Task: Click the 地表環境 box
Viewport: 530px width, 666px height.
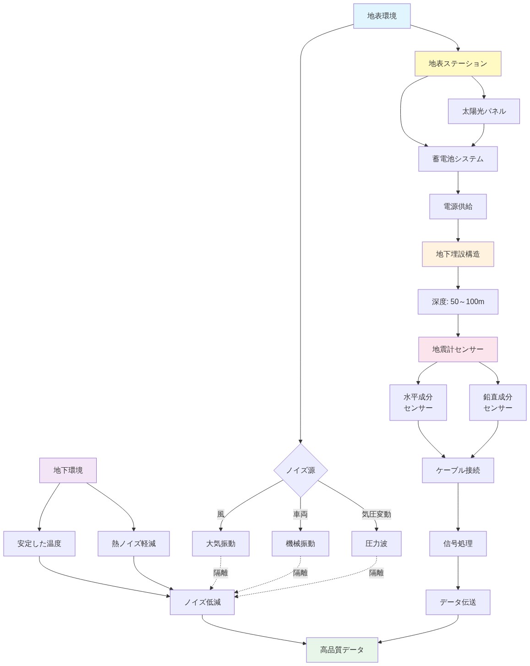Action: tap(382, 16)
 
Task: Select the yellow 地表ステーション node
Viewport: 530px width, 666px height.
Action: tap(458, 64)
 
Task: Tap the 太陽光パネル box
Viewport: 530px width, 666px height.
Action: tap(484, 111)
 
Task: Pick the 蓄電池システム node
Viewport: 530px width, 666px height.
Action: tap(458, 159)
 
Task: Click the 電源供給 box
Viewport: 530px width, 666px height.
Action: tap(458, 207)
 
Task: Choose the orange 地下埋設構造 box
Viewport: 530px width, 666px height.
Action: tap(458, 254)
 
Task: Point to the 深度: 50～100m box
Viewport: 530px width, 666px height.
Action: tap(458, 302)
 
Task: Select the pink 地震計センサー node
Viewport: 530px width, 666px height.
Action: tap(458, 349)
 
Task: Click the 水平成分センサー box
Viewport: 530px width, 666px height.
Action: tap(418, 403)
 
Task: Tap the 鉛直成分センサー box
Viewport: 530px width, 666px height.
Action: tap(497, 403)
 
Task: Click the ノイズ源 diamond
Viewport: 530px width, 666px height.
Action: tap(301, 470)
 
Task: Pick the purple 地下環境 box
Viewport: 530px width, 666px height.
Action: tap(68, 470)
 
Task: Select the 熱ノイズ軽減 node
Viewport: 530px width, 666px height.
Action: tap(133, 544)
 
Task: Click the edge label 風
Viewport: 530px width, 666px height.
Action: tap(221, 514)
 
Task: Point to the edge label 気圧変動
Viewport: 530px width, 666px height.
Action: tap(376, 514)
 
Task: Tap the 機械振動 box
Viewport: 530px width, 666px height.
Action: tap(300, 544)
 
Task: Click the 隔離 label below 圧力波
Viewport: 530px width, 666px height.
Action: tap(376, 573)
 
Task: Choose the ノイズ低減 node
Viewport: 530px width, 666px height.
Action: tap(202, 602)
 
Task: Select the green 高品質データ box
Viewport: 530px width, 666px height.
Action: tap(342, 650)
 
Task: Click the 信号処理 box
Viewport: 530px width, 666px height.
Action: tap(458, 544)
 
